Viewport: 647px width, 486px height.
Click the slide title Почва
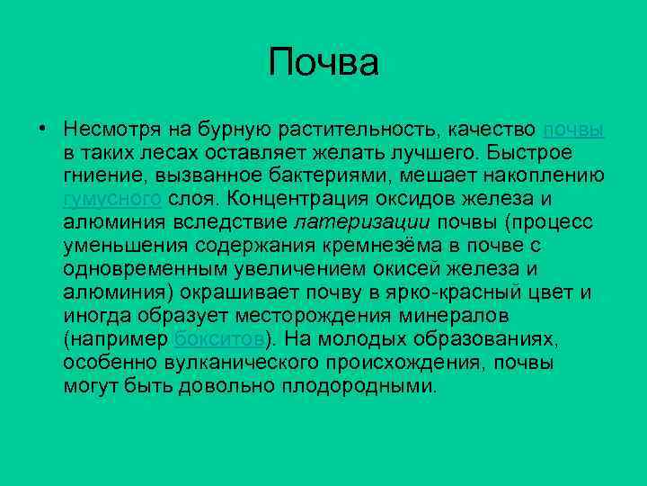click(323, 64)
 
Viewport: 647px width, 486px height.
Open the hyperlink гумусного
click(112, 198)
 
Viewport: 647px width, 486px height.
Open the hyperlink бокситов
click(219, 338)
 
